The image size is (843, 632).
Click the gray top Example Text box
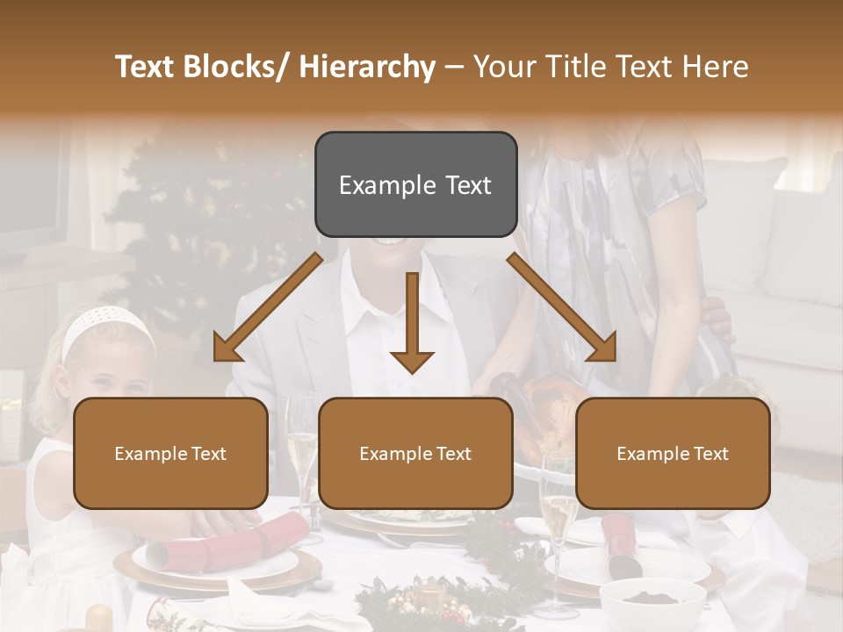pos(415,184)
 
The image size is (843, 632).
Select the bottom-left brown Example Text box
pos(170,453)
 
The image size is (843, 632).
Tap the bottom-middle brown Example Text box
pos(415,453)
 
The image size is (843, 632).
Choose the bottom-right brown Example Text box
pos(673,453)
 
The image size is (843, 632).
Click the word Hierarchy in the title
pos(367,67)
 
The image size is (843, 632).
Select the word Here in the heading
pos(714,67)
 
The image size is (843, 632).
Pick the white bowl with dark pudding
pos(652,602)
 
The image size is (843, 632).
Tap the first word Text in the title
pos(145,67)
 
